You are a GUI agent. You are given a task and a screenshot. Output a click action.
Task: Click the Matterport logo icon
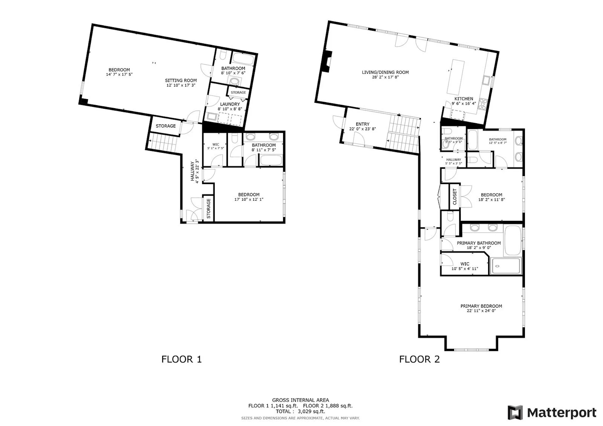515,412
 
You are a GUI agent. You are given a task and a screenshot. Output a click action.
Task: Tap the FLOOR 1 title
182,359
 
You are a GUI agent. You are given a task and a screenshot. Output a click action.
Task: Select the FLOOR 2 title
419,359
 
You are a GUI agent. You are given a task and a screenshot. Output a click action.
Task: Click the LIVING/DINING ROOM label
385,72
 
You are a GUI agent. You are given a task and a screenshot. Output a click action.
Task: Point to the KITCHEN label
464,99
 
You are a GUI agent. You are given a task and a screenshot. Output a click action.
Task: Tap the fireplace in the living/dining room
327,61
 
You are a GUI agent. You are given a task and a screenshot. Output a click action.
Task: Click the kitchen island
456,77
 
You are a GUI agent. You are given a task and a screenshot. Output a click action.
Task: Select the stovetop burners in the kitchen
483,104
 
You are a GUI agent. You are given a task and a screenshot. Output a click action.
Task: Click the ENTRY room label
362,124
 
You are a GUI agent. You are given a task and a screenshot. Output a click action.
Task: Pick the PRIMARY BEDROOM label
481,306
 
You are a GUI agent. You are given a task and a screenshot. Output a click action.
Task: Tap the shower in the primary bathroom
506,266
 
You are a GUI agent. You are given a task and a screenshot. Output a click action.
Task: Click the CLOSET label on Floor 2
455,196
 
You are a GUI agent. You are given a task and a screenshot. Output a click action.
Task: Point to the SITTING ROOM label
181,80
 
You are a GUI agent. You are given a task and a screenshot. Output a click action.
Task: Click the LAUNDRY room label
230,104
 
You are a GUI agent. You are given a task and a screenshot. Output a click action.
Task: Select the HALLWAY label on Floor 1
192,171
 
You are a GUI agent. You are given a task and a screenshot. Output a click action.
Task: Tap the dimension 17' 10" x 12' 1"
249,199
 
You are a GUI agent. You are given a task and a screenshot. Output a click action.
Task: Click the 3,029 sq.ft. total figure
311,412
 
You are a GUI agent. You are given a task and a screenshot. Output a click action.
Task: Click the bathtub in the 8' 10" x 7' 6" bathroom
244,59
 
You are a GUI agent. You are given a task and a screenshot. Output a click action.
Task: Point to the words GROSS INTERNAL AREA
301,400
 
